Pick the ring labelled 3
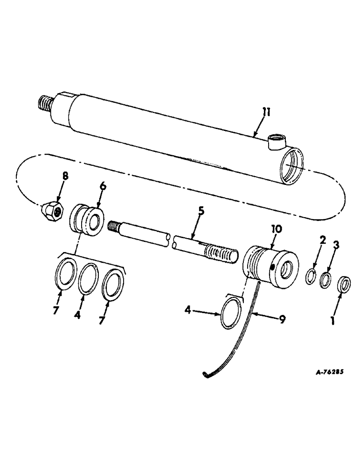click(326, 280)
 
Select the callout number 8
click(64, 177)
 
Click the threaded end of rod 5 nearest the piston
click(117, 227)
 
